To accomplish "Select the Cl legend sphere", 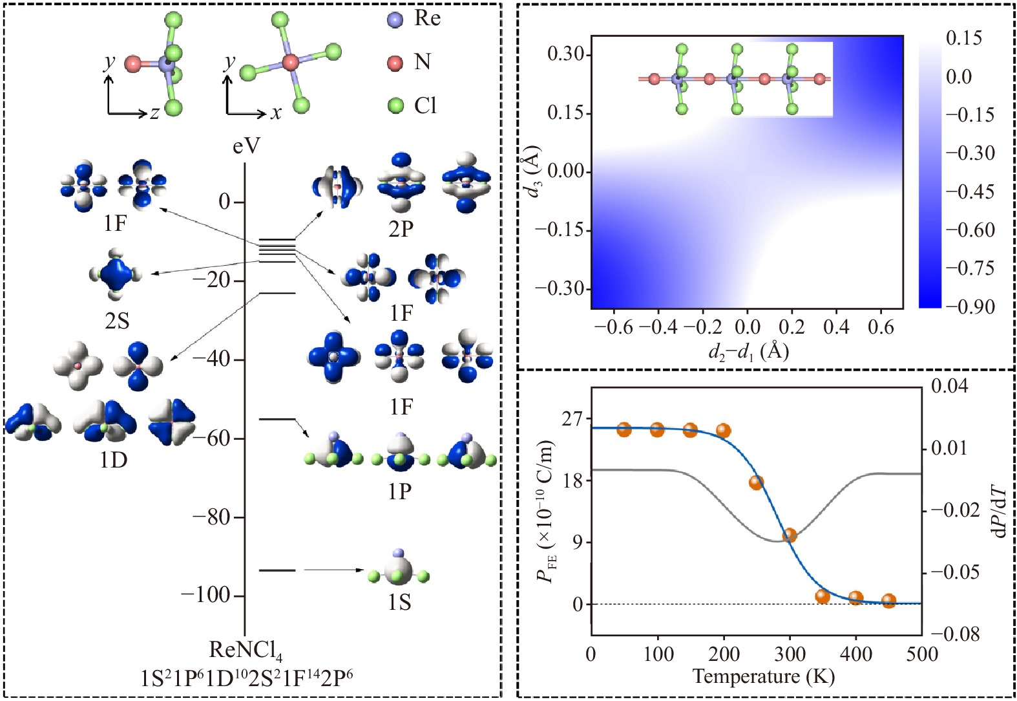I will (x=395, y=105).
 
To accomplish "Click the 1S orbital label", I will (x=399, y=603).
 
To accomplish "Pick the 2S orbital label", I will (x=117, y=321).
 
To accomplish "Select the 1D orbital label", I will (x=113, y=460).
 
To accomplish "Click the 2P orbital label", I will (x=401, y=228).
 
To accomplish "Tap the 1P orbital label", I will (x=399, y=491).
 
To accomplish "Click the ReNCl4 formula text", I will (x=246, y=651).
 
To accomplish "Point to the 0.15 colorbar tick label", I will (x=964, y=38).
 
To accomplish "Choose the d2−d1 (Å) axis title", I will (x=748, y=351).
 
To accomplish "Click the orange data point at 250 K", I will (x=756, y=482).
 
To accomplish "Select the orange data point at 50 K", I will (x=624, y=429).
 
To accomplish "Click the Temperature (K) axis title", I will (x=763, y=677).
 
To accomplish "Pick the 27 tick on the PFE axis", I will (x=571, y=419).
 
